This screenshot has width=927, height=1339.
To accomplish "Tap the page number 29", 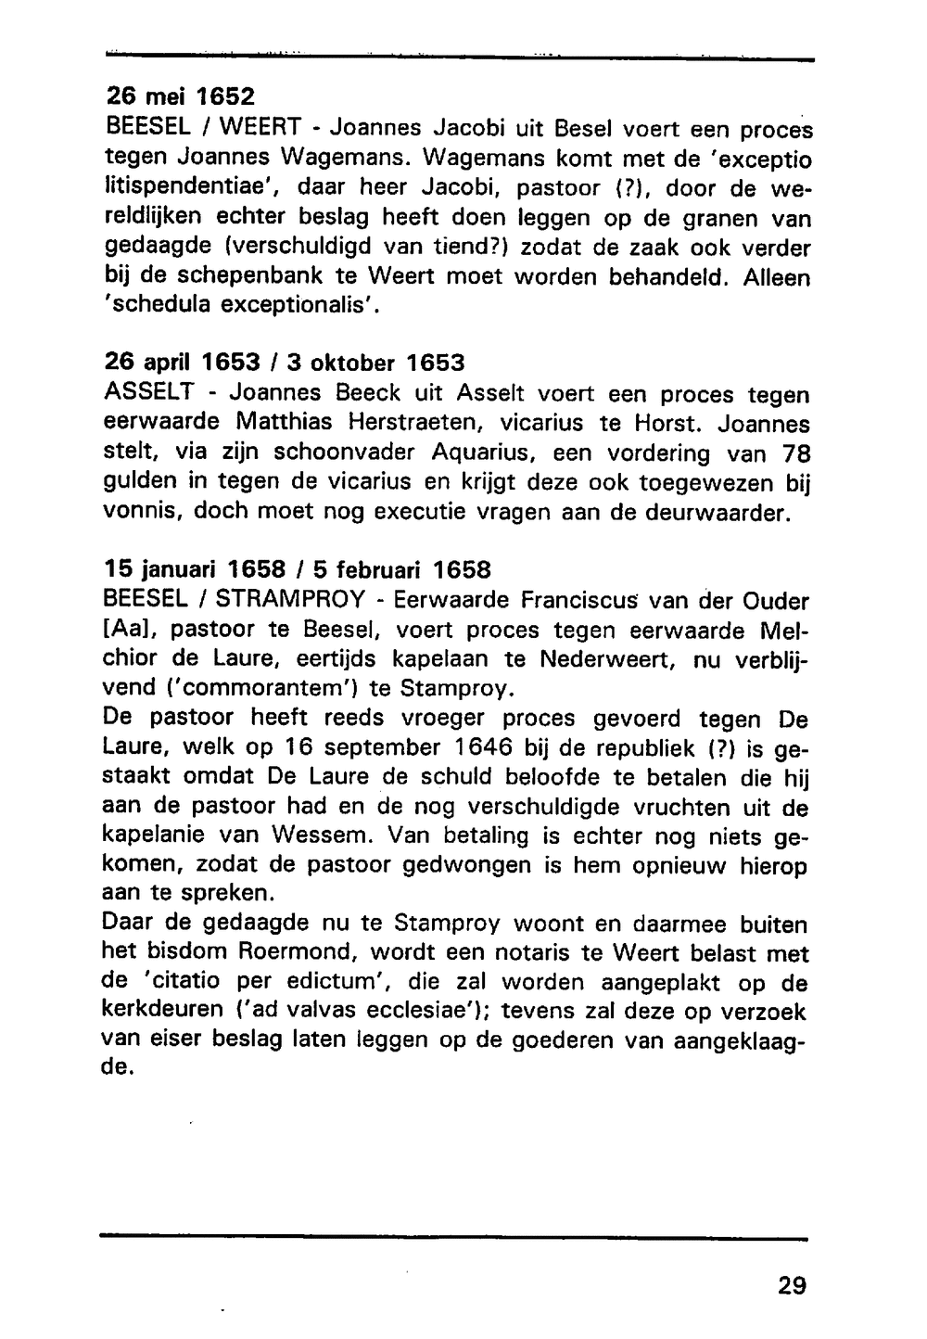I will [792, 1285].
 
